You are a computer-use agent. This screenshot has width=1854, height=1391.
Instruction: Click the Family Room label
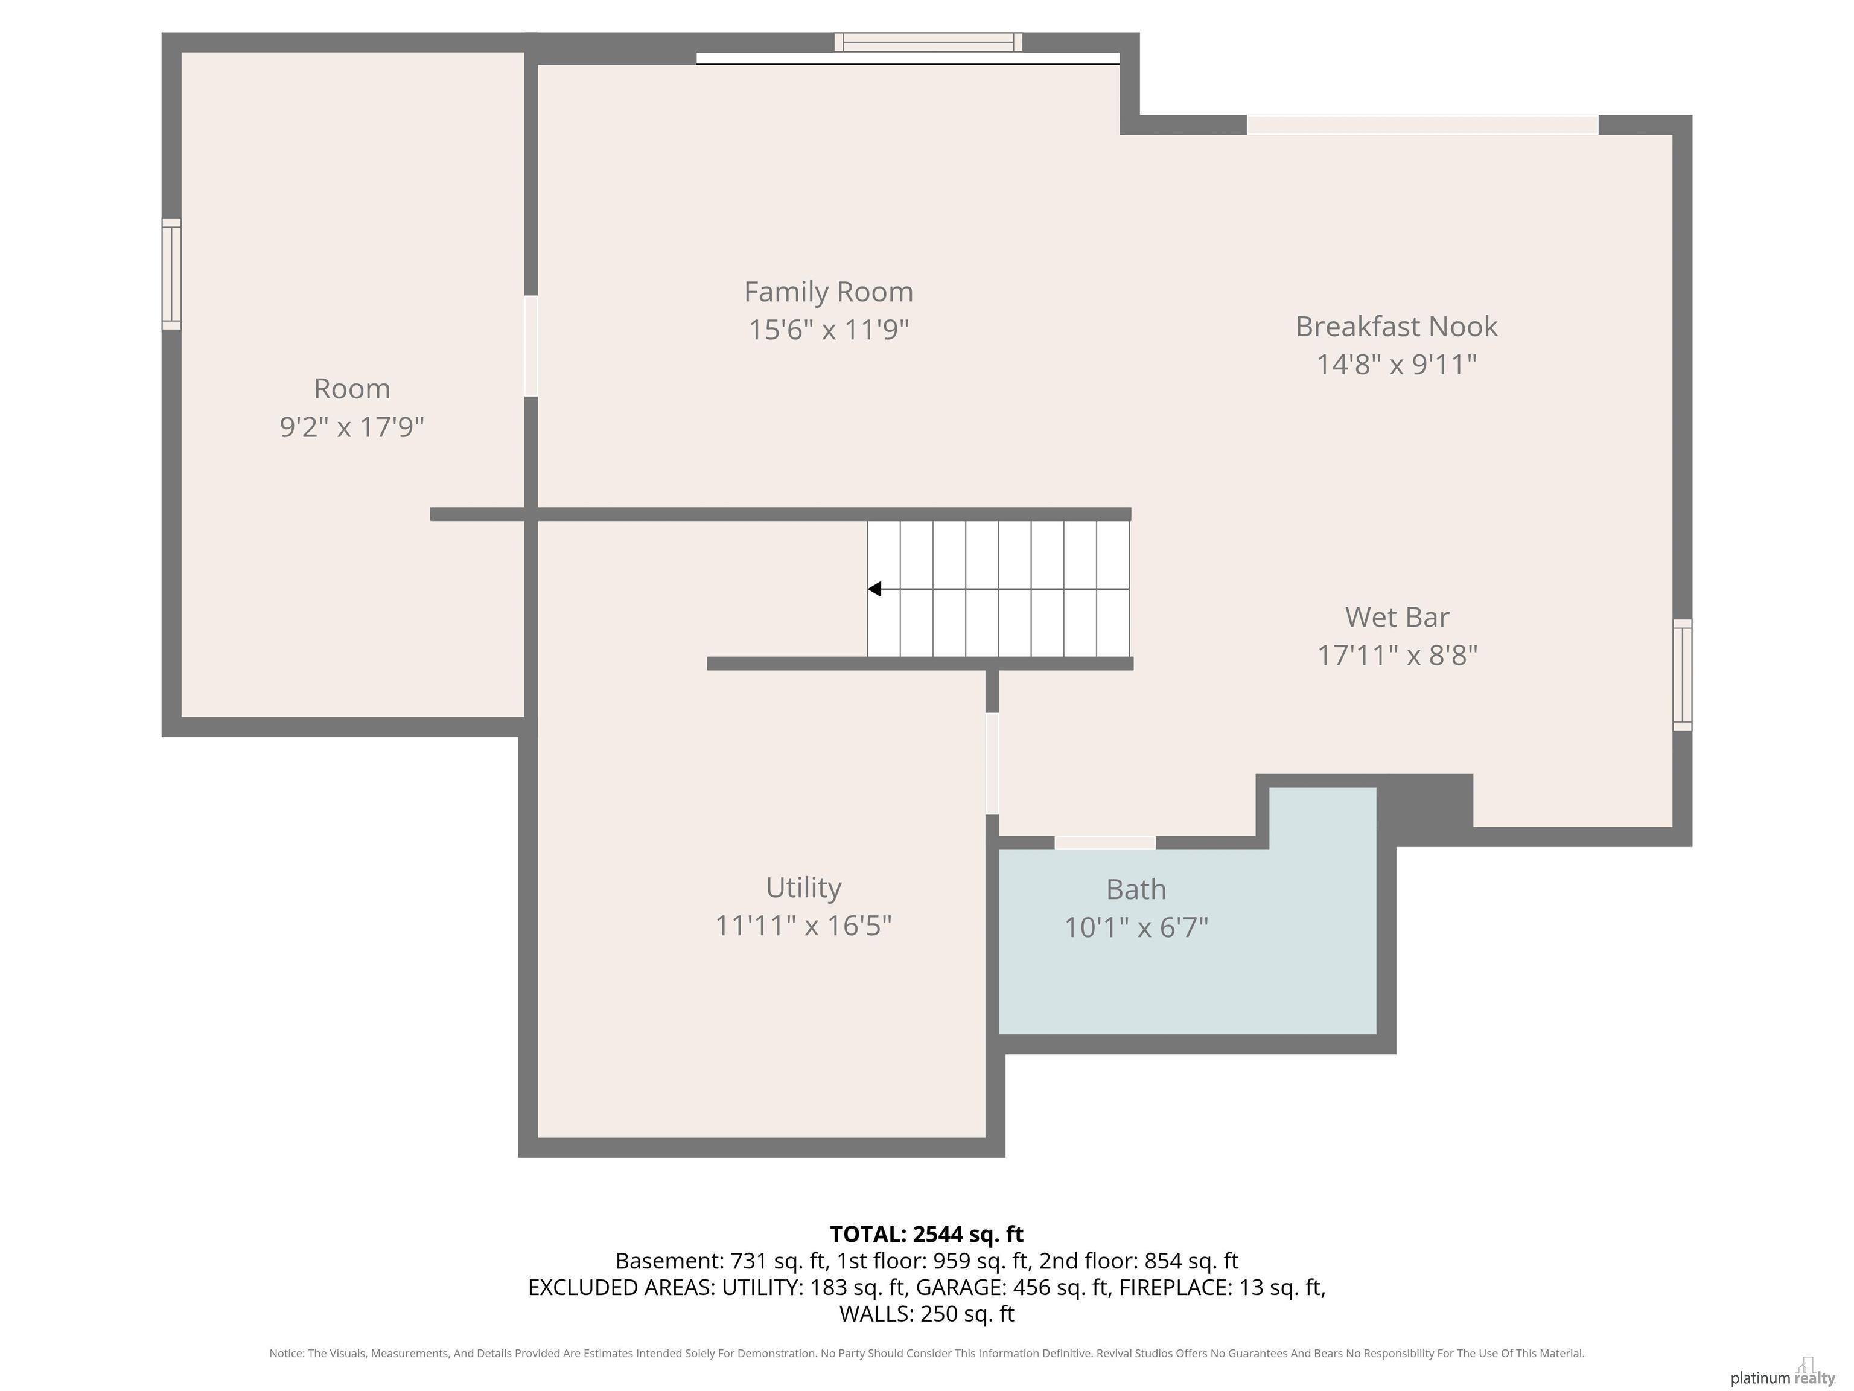pos(828,292)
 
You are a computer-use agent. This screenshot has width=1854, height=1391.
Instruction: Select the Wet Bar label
pos(1397,617)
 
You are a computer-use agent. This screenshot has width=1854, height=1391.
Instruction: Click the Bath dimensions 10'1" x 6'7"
pos(1136,927)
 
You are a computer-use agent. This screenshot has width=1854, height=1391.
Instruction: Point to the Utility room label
pos(803,887)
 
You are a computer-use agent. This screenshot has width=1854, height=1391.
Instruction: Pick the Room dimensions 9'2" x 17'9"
pos(352,427)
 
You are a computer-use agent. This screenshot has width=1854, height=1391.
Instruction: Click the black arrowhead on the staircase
pos(874,589)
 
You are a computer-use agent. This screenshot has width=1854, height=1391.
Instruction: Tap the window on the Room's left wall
pos(171,274)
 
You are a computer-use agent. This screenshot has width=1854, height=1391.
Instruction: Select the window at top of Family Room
pos(928,42)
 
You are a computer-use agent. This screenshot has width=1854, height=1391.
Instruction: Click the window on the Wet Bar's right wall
pos(1681,675)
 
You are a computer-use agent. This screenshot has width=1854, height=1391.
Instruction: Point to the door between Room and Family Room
pos(530,345)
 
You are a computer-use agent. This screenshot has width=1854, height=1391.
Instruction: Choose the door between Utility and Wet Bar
pos(992,763)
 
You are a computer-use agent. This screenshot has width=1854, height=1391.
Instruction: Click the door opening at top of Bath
pos(1104,843)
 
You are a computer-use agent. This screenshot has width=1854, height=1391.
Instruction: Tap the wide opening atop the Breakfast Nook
pos(1422,125)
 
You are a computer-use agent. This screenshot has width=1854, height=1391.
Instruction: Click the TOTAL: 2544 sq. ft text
pos(926,1234)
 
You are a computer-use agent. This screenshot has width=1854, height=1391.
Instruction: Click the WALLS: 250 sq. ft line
pos(926,1314)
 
